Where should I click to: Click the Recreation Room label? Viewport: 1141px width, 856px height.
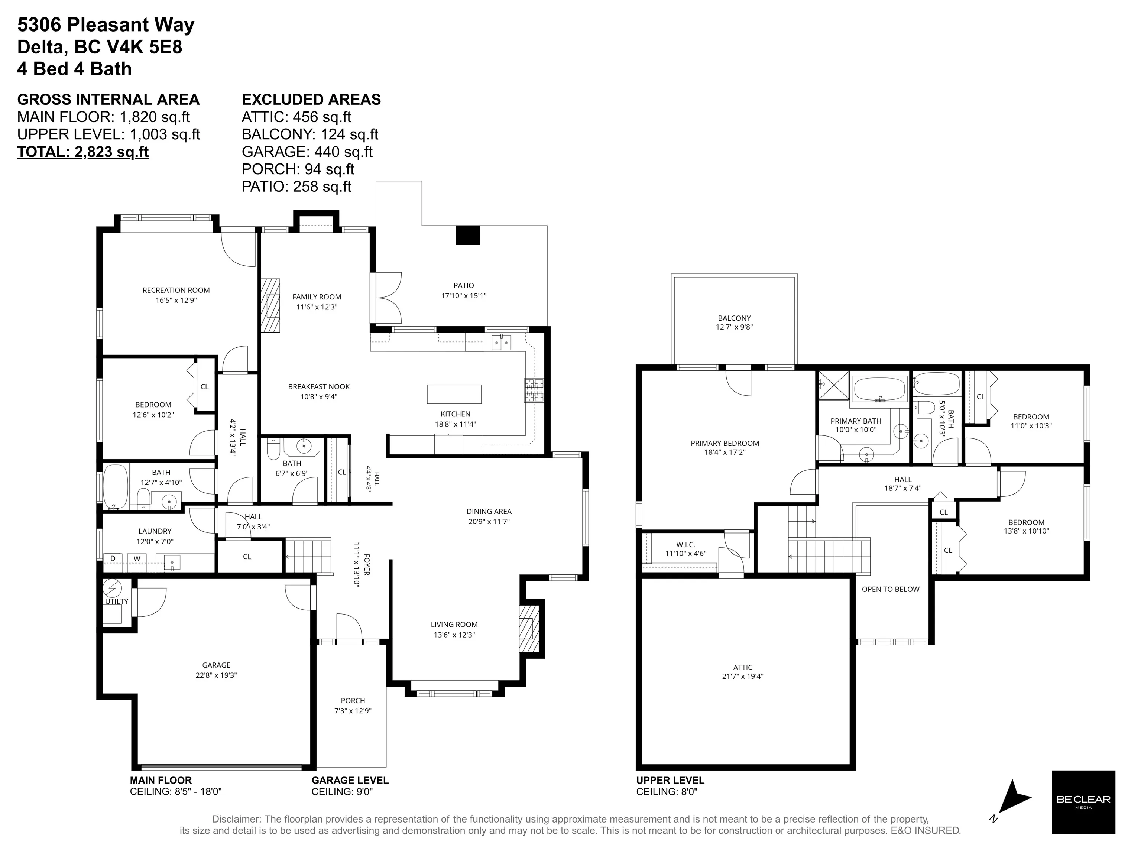176,290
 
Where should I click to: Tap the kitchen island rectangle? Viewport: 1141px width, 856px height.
454,394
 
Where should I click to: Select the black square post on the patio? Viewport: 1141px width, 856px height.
468,235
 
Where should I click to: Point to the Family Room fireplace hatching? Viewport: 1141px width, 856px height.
270,305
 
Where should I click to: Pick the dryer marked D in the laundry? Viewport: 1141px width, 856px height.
113,558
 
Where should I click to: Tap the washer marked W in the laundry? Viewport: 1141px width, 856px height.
137,558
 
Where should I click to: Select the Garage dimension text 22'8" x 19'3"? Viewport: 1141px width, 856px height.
216,675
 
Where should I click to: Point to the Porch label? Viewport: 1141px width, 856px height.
353,701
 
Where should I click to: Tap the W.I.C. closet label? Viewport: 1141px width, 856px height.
685,545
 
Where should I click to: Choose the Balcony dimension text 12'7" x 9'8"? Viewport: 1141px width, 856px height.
734,327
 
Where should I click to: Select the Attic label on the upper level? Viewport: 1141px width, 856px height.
743,667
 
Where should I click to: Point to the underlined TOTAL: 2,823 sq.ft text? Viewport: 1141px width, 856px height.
83,152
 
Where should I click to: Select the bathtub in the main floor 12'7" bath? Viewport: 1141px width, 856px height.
116,487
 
